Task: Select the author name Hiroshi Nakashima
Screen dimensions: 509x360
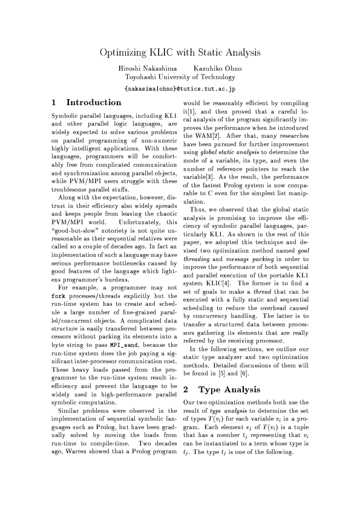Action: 144,68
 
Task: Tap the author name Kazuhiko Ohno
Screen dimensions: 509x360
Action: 214,68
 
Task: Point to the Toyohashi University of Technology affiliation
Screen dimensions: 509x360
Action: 180,77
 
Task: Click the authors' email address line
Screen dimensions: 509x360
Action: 180,88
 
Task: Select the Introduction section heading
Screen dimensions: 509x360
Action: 94,103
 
